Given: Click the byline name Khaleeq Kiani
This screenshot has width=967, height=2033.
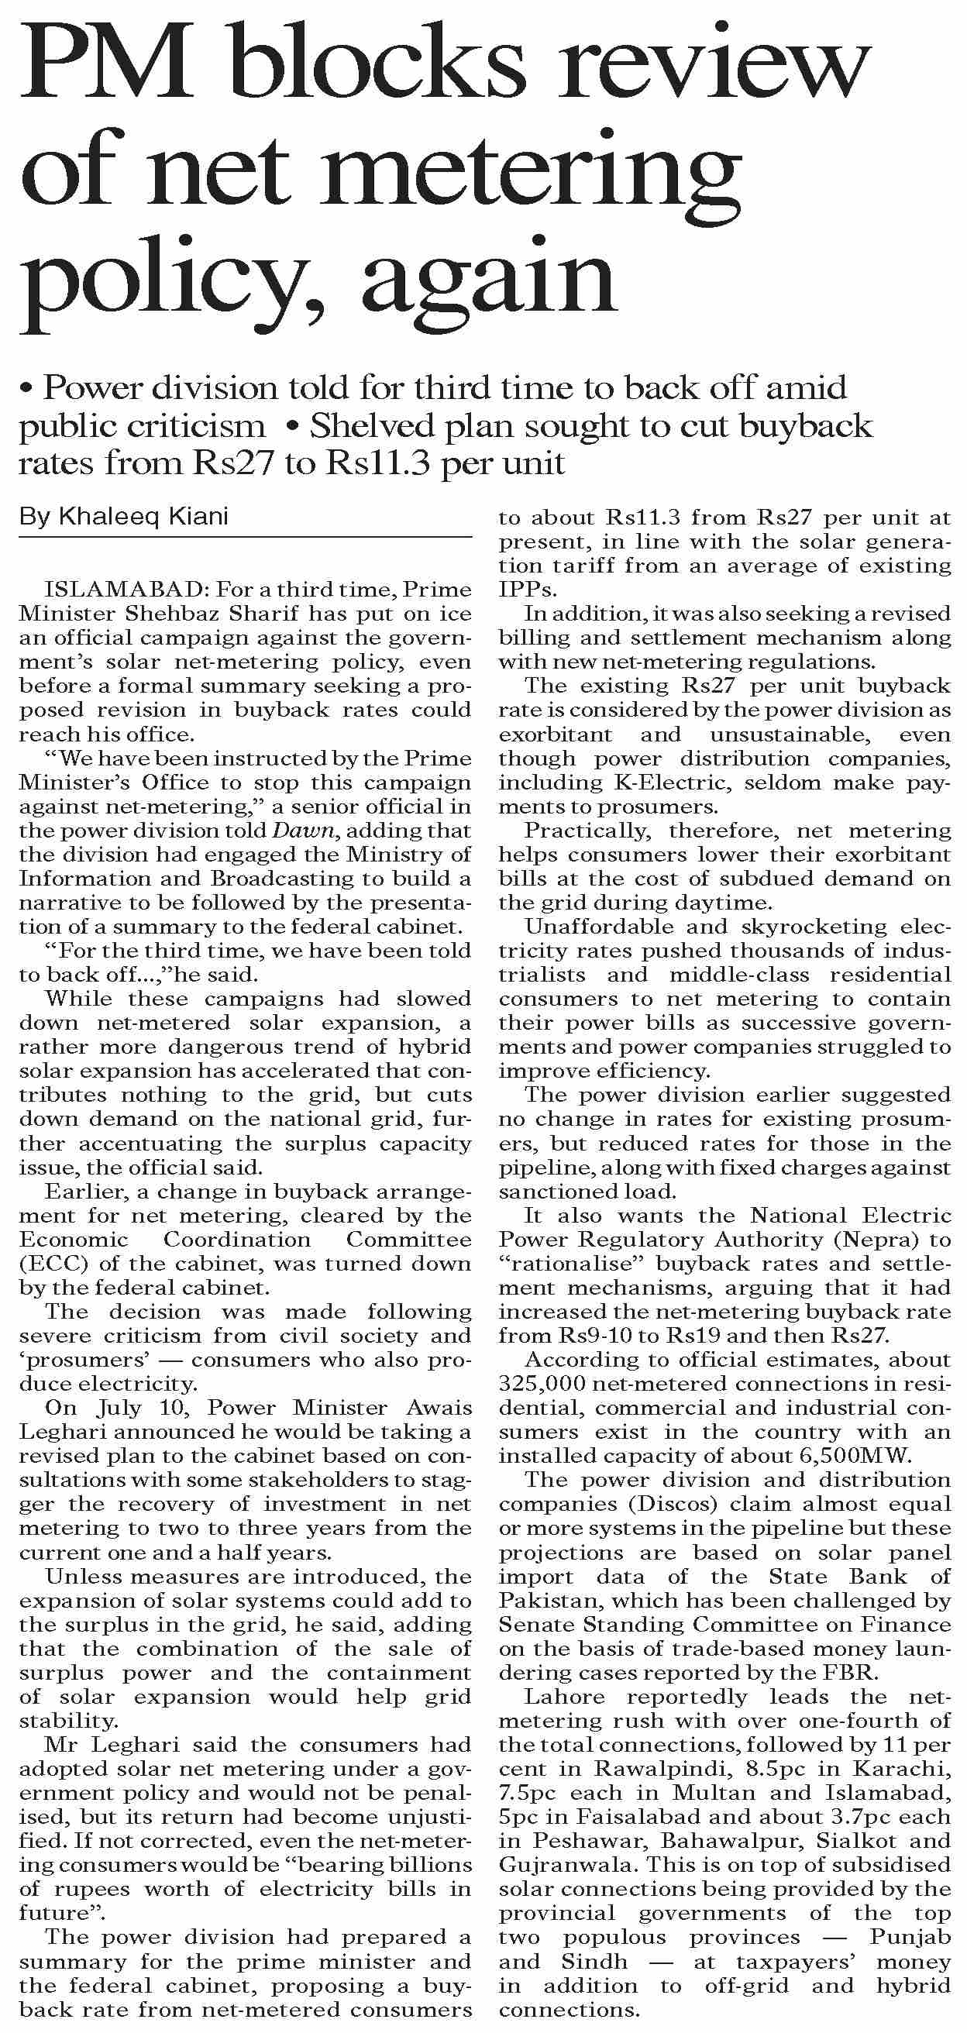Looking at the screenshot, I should [x=143, y=517].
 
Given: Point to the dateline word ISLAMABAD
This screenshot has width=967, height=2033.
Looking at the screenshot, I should [x=126, y=590].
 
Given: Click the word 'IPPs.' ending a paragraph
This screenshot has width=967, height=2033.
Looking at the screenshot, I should [x=528, y=590].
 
